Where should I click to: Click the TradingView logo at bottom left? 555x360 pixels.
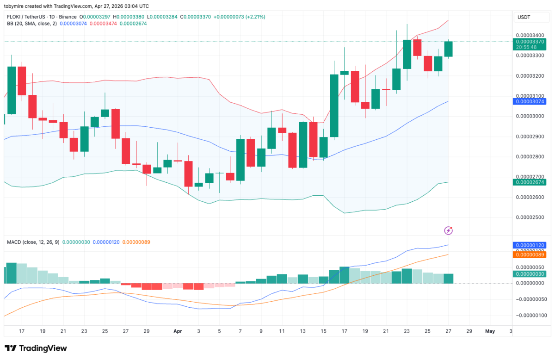[36, 348]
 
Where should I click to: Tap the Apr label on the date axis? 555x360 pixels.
[178, 331]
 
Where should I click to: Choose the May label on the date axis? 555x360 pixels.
[489, 331]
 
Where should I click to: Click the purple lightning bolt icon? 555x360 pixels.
[448, 230]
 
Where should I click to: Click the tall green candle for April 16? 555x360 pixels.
[334, 106]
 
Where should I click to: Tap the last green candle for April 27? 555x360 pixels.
[448, 49]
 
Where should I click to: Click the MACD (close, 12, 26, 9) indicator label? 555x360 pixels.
[33, 242]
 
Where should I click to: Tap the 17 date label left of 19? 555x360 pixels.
[22, 331]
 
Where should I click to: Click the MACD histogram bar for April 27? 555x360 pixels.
[448, 278]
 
